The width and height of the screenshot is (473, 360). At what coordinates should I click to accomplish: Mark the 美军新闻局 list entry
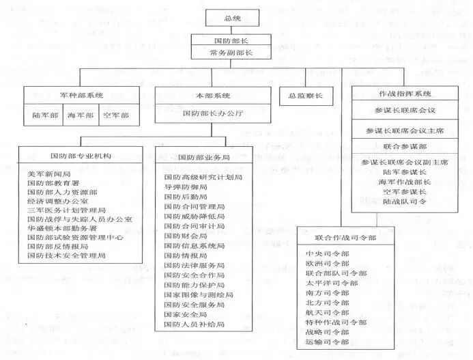click(x=48, y=174)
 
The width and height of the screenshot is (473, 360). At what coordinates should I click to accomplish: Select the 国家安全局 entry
click(x=186, y=314)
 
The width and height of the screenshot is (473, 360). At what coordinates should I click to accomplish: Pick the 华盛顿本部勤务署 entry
click(x=62, y=227)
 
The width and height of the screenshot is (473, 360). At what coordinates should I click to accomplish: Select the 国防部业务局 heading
click(x=201, y=156)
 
